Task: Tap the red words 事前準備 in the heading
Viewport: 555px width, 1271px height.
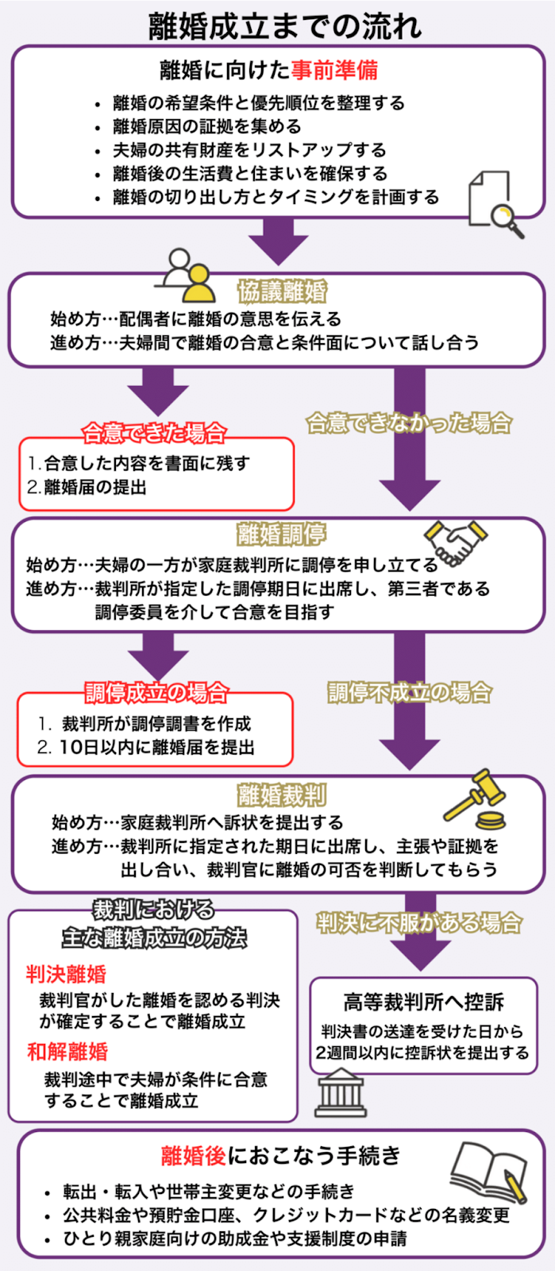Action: pos(333,70)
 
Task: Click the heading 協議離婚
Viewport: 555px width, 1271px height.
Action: pos(283,292)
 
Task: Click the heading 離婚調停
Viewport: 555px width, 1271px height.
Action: pos(282,535)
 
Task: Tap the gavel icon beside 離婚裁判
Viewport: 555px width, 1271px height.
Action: pos(476,799)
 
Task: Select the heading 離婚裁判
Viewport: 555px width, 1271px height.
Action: pos(282,794)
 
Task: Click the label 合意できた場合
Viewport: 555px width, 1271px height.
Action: pos(155,433)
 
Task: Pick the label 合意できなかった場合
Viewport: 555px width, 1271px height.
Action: pos(409,423)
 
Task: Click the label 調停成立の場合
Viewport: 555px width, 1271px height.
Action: pos(156,692)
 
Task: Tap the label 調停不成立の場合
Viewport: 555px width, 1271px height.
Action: pos(410,692)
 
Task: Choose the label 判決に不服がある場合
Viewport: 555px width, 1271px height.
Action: pos(419,922)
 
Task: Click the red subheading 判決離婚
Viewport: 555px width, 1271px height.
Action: pos(66,974)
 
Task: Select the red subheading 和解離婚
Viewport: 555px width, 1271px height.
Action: pos(67,1052)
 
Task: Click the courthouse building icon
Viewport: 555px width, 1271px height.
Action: pos(341,1093)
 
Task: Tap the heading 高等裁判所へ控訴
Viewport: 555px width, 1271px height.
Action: pos(423,1002)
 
